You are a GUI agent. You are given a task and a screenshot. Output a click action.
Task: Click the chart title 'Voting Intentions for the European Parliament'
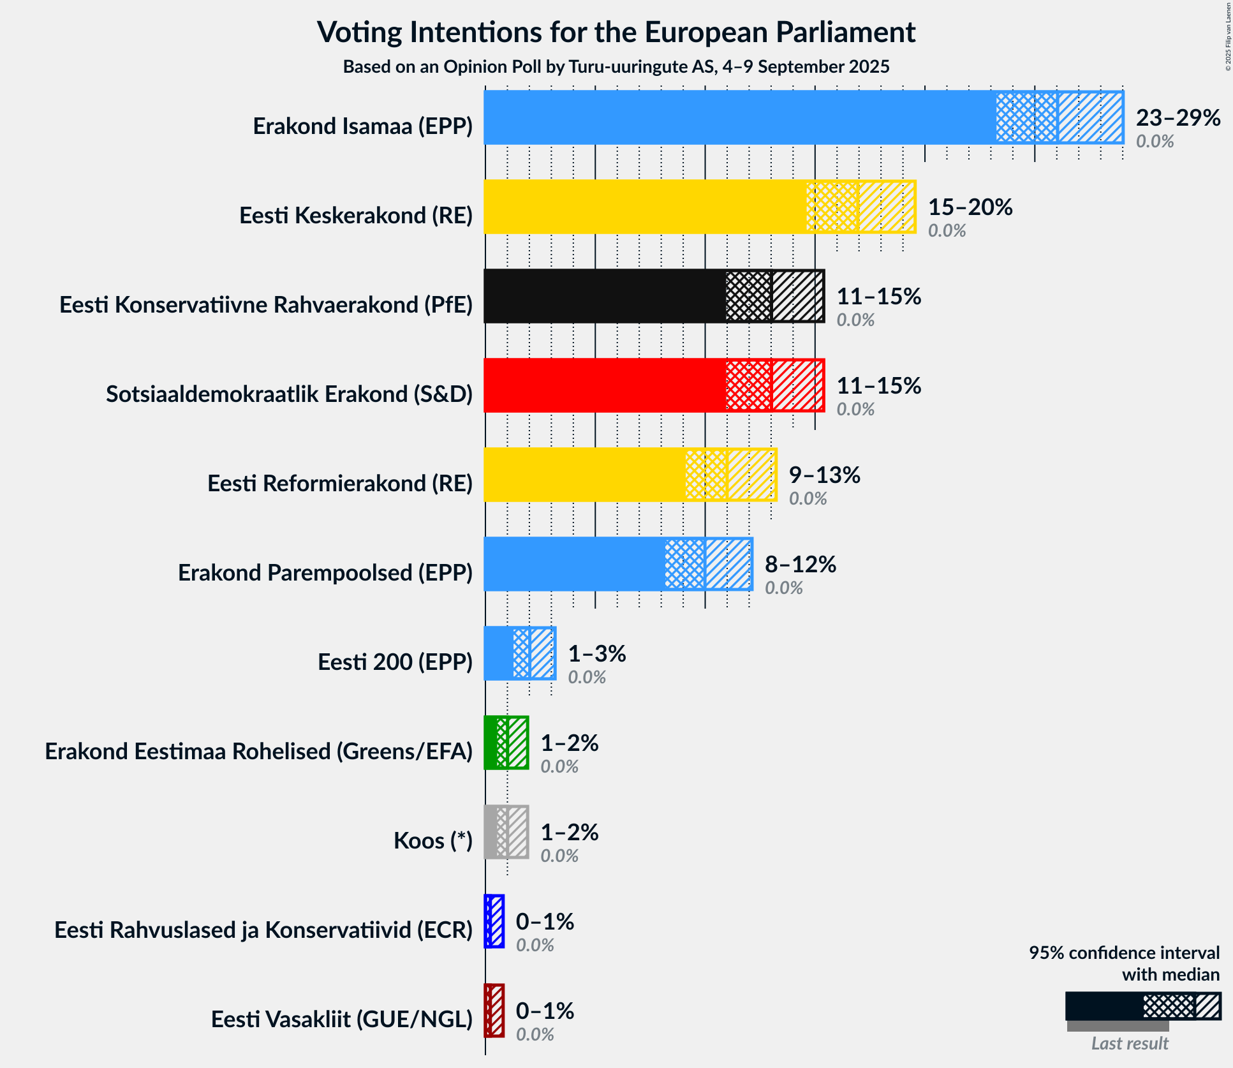[616, 33]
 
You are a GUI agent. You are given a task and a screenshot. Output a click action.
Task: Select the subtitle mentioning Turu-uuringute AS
[616, 67]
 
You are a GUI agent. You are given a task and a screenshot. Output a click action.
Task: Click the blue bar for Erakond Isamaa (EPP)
[740, 117]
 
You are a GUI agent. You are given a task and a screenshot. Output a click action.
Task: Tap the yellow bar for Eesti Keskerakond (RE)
[644, 207]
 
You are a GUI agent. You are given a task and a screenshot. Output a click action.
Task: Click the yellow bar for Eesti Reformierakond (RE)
[584, 475]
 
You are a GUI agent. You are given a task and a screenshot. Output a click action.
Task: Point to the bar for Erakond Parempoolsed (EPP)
[574, 564]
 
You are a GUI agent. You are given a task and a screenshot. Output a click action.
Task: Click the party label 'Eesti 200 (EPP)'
[395, 662]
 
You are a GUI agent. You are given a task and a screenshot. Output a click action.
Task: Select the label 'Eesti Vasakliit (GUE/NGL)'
[341, 1020]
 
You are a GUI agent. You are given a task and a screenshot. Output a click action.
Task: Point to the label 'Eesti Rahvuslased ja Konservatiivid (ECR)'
[263, 930]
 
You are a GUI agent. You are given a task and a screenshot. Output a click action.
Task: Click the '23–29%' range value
[1178, 118]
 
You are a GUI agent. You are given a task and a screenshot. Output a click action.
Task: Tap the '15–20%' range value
[970, 207]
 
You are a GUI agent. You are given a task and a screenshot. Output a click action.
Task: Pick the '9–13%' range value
[825, 475]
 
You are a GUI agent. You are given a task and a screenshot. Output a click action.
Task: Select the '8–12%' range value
[801, 565]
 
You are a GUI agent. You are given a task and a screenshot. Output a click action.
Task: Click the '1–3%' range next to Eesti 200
[597, 654]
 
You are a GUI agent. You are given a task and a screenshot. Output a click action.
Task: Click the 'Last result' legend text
[1130, 1043]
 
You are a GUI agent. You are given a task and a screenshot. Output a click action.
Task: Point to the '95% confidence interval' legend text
[1124, 953]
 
